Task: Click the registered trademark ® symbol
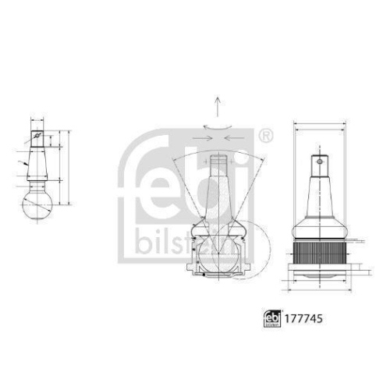click(x=265, y=136)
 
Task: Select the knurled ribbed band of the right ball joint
click(x=320, y=251)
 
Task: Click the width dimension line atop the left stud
click(x=37, y=121)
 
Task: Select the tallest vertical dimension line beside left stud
click(x=69, y=168)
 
